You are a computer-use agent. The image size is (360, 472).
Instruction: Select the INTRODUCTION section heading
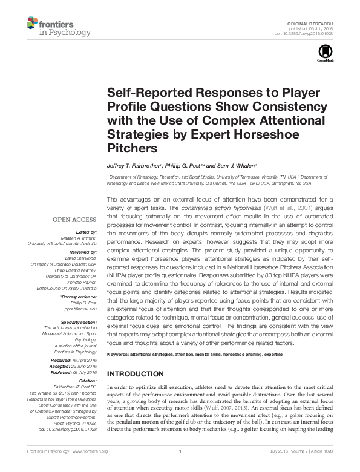(x=134, y=374)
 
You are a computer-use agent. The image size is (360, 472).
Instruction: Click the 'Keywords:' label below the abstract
(x=119, y=353)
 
